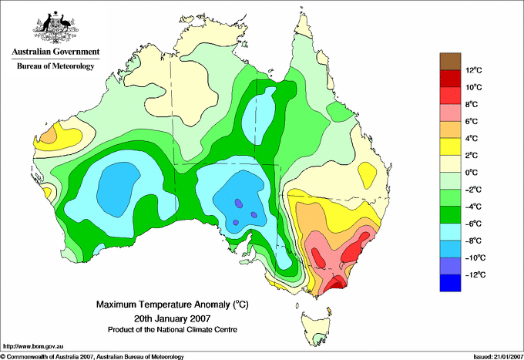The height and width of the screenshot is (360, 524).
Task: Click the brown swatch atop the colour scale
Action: pos(451,61)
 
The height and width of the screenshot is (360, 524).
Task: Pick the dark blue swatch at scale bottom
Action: pos(451,283)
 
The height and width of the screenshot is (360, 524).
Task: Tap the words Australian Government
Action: pos(55,52)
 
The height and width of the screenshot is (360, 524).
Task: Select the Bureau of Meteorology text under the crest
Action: pos(55,66)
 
